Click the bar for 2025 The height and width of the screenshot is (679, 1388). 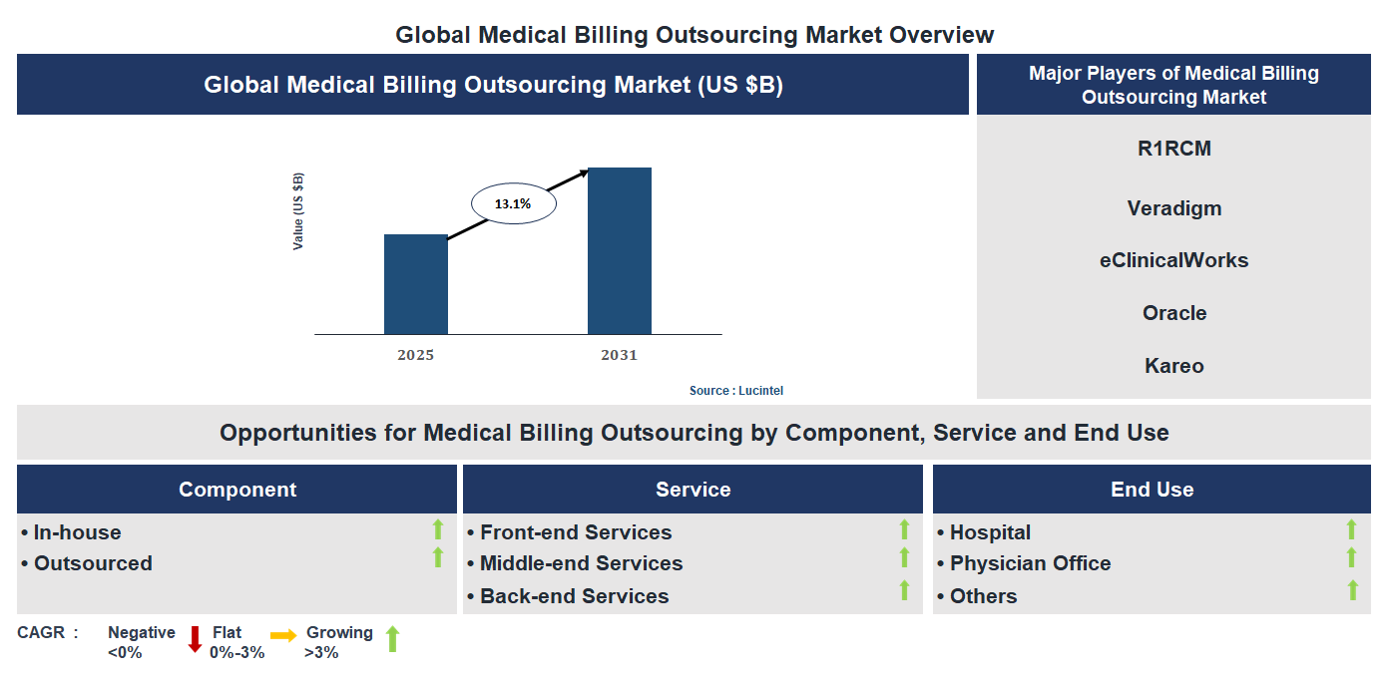click(415, 284)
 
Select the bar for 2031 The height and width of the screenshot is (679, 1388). click(619, 250)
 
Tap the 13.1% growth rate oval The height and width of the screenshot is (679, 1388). click(512, 203)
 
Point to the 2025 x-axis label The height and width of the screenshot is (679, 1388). click(415, 355)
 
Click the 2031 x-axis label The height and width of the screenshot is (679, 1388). click(619, 355)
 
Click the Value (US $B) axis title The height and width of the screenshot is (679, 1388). click(298, 211)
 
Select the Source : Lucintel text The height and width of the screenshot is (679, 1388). click(736, 391)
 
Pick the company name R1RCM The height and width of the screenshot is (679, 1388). click(1173, 150)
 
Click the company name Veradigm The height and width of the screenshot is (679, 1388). click(1173, 208)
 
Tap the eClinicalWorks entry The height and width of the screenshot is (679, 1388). click(1173, 260)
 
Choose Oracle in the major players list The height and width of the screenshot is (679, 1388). click(1173, 313)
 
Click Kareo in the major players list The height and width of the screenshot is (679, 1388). click(1173, 366)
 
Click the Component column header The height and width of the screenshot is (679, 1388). click(237, 490)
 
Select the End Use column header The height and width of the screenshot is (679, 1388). click(1152, 490)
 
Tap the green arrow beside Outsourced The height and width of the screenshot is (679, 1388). click(437, 558)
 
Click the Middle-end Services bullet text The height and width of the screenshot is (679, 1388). click(581, 563)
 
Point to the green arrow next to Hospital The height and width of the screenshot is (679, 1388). click(1351, 529)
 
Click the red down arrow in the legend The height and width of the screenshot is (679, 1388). click(195, 639)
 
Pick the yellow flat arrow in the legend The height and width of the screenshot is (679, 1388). click(283, 635)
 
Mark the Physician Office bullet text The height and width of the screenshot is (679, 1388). click(1030, 563)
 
